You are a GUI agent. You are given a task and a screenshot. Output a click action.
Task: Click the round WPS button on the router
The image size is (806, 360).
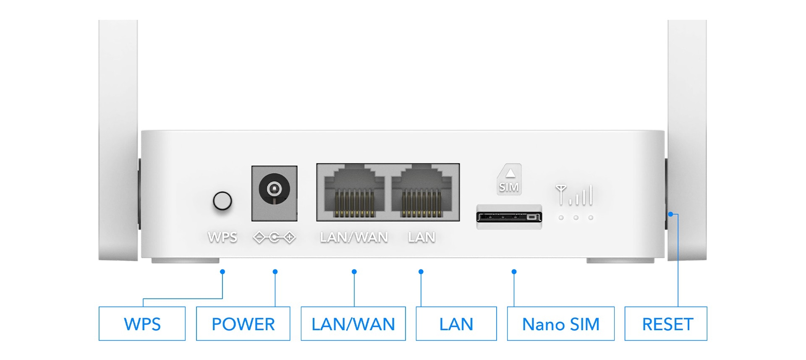click(x=222, y=201)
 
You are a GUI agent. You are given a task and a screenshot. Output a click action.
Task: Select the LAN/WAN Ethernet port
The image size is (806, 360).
click(x=354, y=192)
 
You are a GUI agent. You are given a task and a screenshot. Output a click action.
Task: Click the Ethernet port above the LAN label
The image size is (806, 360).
click(x=421, y=192)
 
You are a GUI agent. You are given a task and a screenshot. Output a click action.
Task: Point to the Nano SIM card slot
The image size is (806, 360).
click(x=509, y=217)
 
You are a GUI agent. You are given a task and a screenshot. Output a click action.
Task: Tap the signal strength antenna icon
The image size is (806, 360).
click(x=574, y=195)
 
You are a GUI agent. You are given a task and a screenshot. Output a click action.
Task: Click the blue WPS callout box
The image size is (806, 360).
click(x=142, y=324)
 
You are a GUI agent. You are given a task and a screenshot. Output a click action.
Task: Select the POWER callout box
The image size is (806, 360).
click(x=243, y=324)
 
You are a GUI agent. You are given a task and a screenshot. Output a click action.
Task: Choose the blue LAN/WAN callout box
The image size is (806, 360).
click(x=353, y=324)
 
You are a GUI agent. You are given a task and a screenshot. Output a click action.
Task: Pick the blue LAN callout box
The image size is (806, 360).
click(x=456, y=324)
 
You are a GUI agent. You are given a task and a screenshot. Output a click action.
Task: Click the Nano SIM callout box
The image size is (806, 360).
click(x=560, y=324)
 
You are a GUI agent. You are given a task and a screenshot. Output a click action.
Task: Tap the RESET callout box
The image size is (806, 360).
click(x=666, y=324)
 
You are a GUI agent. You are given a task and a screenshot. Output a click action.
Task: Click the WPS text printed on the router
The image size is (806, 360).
click(x=222, y=237)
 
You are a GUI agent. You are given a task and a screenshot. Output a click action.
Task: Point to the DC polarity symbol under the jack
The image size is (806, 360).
click(x=275, y=238)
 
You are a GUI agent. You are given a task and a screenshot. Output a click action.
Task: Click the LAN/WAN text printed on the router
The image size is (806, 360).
click(x=354, y=237)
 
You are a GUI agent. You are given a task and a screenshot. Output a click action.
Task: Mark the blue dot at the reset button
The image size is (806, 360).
click(x=670, y=214)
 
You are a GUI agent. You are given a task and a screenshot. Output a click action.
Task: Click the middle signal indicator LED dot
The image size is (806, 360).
click(x=576, y=218)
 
